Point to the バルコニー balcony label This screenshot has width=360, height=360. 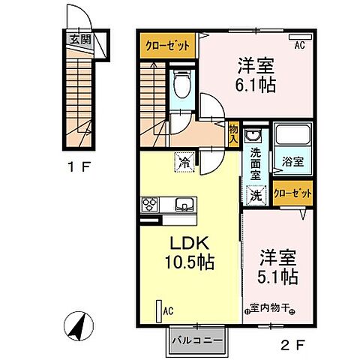197,340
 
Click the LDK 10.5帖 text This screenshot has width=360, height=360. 190,253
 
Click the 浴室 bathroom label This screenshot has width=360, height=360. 292,160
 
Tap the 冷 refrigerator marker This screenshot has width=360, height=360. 183,160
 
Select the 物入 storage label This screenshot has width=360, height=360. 233,133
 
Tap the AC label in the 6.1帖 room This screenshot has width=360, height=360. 299,46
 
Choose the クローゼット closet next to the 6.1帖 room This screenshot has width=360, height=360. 168,46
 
